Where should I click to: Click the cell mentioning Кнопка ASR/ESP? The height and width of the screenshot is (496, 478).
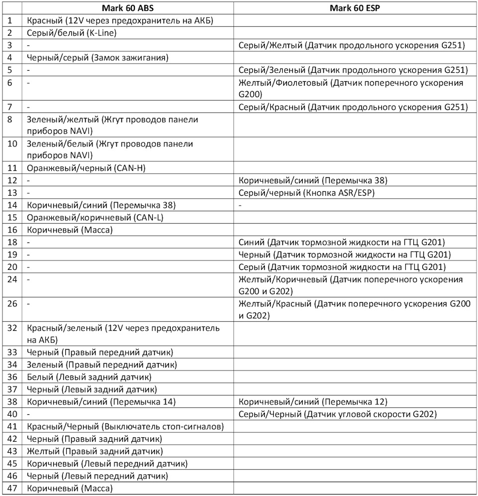click(x=306, y=193)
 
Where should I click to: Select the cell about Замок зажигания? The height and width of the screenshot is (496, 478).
click(x=98, y=57)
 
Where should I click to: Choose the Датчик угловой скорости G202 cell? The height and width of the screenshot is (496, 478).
click(x=338, y=414)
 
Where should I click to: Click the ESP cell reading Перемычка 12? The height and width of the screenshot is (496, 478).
click(x=313, y=401)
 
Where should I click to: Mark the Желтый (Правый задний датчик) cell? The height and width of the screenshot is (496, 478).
click(x=95, y=451)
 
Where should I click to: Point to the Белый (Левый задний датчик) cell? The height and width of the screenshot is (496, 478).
click(x=89, y=377)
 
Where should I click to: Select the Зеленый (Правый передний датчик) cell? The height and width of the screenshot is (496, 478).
click(x=102, y=365)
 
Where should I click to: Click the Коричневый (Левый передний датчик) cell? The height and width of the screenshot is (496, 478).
click(x=107, y=463)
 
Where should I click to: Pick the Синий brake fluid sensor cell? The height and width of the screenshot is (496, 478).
click(x=342, y=242)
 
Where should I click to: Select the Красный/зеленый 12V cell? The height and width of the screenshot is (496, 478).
click(x=123, y=334)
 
